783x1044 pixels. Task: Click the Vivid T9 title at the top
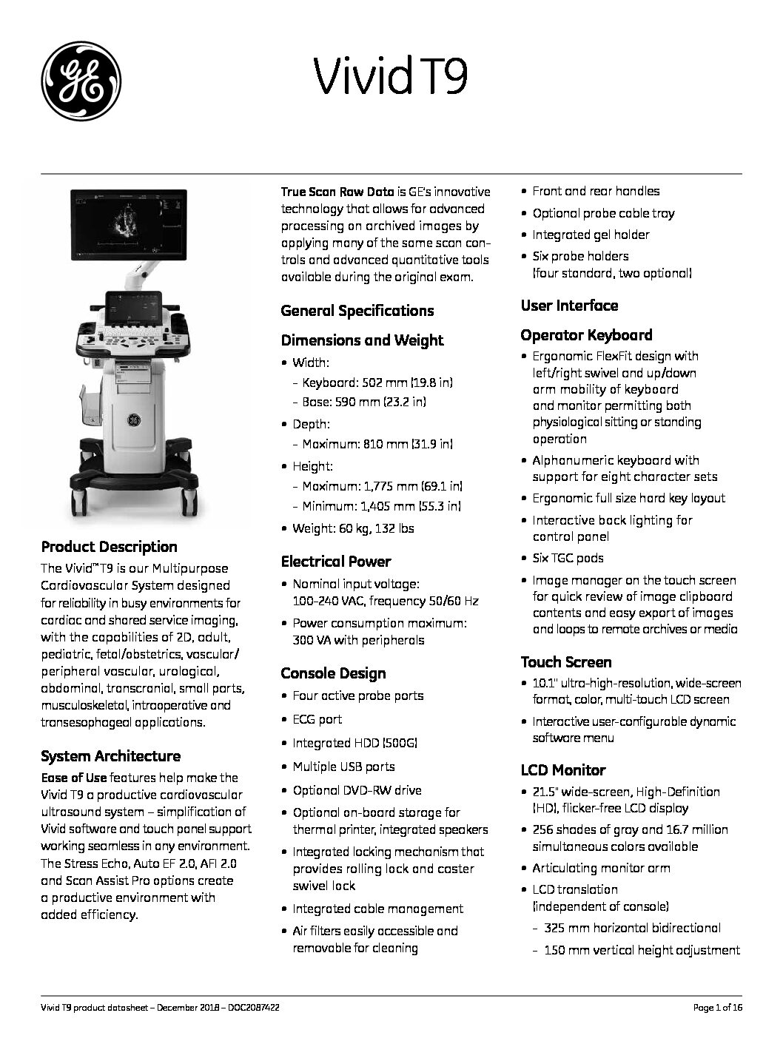391,76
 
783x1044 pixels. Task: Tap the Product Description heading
109,547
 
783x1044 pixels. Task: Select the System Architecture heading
110,756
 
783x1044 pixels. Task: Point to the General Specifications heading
357,311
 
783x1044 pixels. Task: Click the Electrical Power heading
335,562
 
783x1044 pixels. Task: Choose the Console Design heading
333,673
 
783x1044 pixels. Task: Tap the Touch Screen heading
566,662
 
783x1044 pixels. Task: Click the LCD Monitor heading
563,770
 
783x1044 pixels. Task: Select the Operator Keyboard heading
586,335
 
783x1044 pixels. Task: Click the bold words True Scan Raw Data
337,192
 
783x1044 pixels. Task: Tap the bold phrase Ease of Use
74,778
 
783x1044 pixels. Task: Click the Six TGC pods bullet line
568,558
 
